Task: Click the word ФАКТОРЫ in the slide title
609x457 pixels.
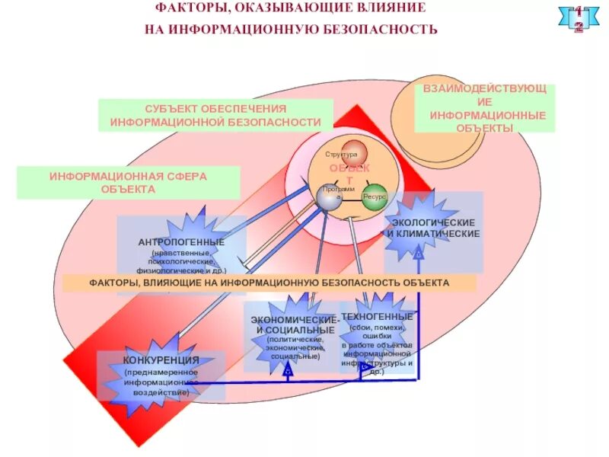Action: (x=187, y=9)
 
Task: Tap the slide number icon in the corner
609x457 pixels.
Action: (x=579, y=19)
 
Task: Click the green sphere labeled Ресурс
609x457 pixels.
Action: (x=375, y=197)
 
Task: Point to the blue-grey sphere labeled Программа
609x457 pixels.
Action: (x=329, y=199)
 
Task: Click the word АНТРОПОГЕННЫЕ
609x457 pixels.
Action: (x=181, y=242)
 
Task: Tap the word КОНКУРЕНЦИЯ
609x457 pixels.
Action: (x=161, y=360)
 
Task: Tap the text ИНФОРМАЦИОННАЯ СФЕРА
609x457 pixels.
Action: (x=127, y=176)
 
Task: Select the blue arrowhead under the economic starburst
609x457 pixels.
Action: (x=288, y=369)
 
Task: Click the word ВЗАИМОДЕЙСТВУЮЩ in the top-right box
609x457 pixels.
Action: (x=485, y=90)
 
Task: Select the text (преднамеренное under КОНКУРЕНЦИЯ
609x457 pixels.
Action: (x=161, y=372)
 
